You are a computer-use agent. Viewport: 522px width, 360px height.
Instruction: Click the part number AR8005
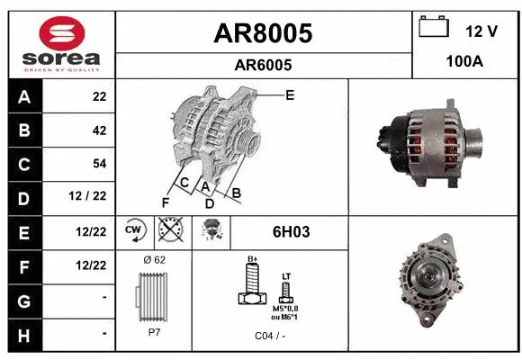[x=262, y=33]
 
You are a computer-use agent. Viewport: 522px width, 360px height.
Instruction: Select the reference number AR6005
[x=262, y=65]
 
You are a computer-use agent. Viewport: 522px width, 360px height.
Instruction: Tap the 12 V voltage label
[x=481, y=31]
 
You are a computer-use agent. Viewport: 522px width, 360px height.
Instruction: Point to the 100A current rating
[x=465, y=62]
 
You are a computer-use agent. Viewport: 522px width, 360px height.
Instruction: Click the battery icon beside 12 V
[x=434, y=27]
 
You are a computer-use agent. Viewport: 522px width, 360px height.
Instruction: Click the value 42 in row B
[x=99, y=130]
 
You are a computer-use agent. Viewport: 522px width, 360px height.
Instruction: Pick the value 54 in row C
[x=99, y=163]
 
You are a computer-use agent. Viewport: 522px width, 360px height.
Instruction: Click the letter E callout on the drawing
[x=289, y=94]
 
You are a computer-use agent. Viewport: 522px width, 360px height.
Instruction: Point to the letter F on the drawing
[x=165, y=201]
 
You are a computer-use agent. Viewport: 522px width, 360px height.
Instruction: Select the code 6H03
[x=291, y=232]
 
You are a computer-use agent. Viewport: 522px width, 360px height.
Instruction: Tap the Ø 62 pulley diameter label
[x=154, y=259]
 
